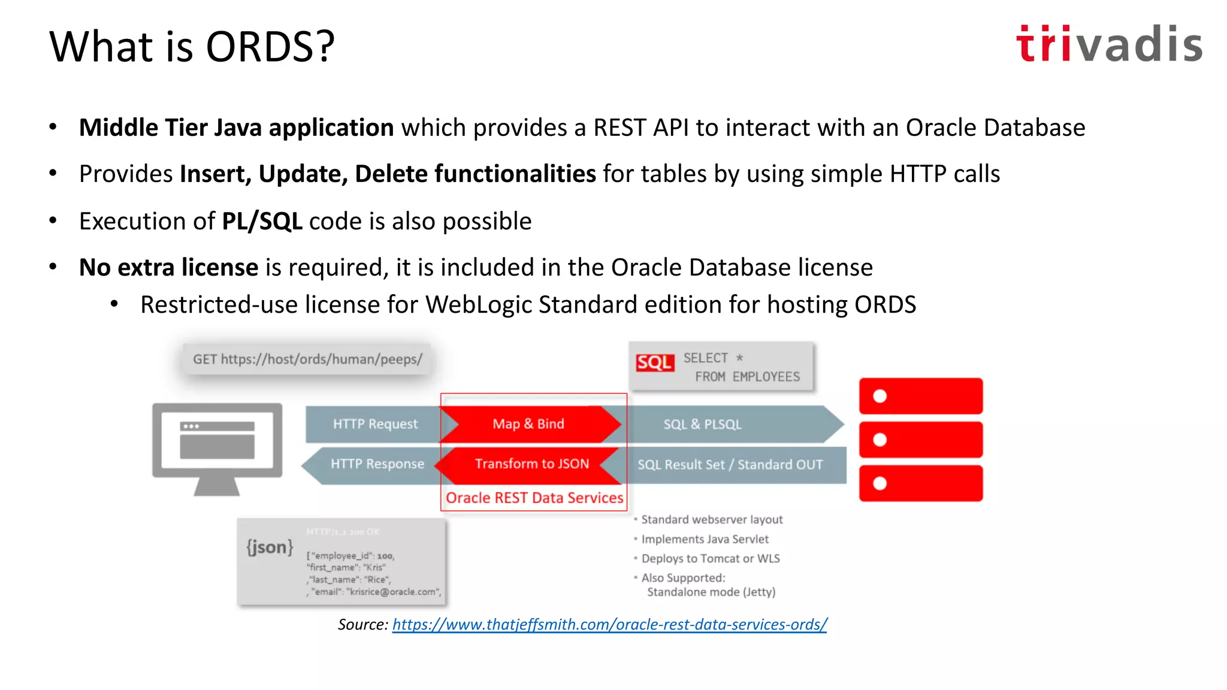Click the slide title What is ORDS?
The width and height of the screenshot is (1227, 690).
pyautogui.click(x=192, y=47)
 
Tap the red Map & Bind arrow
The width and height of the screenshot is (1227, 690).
pyautogui.click(x=528, y=424)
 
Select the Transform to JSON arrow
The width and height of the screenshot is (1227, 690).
pyautogui.click(x=531, y=464)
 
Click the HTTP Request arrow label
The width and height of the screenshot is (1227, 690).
pyautogui.click(x=375, y=424)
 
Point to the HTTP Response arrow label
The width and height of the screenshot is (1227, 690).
pyautogui.click(x=377, y=464)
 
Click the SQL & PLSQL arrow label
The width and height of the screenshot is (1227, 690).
pyautogui.click(x=702, y=425)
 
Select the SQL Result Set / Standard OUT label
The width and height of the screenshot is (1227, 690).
pyautogui.click(x=730, y=465)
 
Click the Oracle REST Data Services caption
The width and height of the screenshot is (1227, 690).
pyautogui.click(x=534, y=498)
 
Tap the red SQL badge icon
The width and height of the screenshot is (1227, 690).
pyautogui.click(x=654, y=362)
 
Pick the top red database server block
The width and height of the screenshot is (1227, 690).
pyautogui.click(x=921, y=396)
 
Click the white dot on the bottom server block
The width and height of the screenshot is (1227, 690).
pyautogui.click(x=880, y=483)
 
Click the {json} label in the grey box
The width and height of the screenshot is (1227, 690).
pyautogui.click(x=270, y=547)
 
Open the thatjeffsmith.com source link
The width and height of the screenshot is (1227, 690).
pyautogui.click(x=609, y=624)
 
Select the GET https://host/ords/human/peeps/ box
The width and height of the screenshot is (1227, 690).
pyautogui.click(x=307, y=359)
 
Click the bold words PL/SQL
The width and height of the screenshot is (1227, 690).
pyautogui.click(x=262, y=221)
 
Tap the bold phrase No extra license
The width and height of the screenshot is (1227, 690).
pyautogui.click(x=168, y=267)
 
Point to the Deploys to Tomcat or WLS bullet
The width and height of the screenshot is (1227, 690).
pyautogui.click(x=711, y=559)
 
